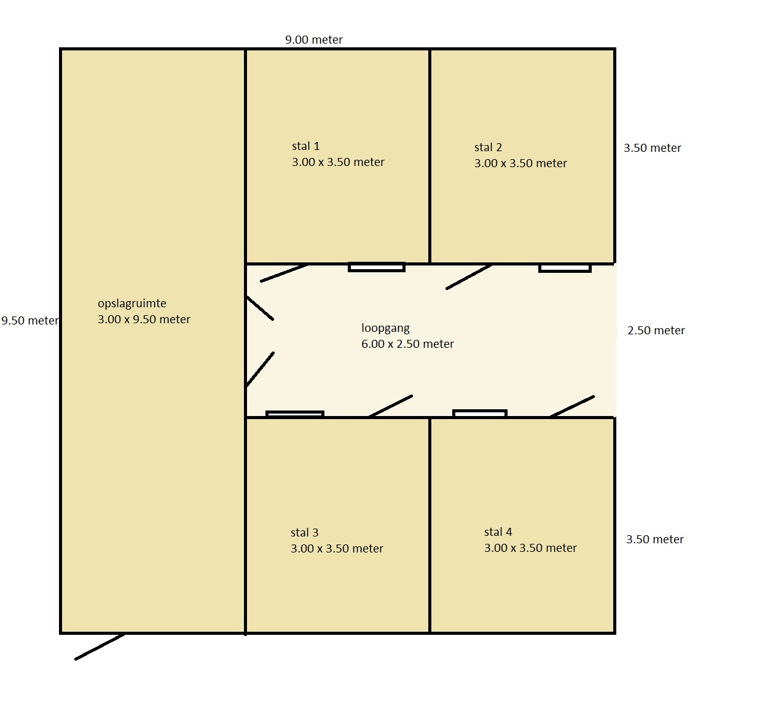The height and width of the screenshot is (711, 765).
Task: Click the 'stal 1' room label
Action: [x=305, y=146]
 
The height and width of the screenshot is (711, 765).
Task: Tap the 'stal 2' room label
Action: [x=488, y=147]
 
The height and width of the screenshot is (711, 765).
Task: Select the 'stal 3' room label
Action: [x=304, y=533]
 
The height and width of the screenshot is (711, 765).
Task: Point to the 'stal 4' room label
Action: [x=498, y=532]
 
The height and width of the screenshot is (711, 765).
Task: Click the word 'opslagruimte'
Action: [x=131, y=304]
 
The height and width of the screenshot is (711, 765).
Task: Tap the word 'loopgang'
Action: [x=385, y=328]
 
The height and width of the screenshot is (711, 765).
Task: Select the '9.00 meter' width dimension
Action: [x=313, y=40]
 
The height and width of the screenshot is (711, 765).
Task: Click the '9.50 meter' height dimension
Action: [x=30, y=321]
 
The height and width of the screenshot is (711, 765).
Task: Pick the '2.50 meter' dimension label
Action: [x=656, y=330]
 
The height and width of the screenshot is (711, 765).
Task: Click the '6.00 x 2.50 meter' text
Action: [x=407, y=344]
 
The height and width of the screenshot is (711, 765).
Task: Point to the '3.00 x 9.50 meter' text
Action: [x=144, y=319]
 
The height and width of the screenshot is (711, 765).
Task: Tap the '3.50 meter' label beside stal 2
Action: [x=652, y=148]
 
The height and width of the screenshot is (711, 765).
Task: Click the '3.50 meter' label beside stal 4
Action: [x=654, y=539]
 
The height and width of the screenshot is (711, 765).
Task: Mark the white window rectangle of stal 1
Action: [x=376, y=267]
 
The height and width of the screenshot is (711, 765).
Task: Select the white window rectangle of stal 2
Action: [x=565, y=268]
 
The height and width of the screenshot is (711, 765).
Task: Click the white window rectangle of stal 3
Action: [x=295, y=414]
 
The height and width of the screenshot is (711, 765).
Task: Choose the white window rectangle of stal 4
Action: [x=479, y=413]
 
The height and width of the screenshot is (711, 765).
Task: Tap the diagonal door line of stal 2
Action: [x=469, y=277]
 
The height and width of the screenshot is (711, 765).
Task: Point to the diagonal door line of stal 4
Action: [x=572, y=407]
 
